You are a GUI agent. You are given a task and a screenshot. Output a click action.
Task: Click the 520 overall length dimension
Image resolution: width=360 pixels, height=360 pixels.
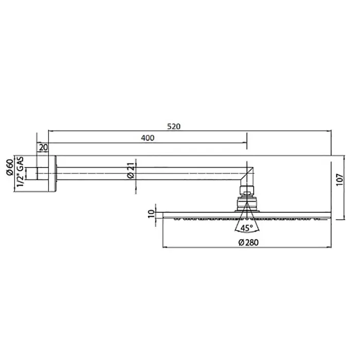tap(174, 127)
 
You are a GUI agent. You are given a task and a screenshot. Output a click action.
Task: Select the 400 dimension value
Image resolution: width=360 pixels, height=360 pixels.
tap(148, 138)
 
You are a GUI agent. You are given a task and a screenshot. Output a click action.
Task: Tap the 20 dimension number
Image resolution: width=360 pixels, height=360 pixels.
tap(43, 148)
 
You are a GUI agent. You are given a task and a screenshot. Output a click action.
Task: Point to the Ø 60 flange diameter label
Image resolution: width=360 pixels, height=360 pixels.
tap(10, 167)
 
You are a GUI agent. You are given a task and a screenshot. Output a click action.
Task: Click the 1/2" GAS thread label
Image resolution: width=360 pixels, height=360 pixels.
tap(20, 172)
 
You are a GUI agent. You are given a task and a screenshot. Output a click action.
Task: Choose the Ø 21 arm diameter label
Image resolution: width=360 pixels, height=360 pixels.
tap(131, 170)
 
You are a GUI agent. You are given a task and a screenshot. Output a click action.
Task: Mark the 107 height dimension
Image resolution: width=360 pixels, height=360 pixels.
tap(339, 180)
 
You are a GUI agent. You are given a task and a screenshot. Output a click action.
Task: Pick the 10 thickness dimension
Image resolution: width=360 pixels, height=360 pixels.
tap(151, 214)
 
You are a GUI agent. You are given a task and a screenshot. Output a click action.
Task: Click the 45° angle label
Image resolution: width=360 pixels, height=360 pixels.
tap(246, 228)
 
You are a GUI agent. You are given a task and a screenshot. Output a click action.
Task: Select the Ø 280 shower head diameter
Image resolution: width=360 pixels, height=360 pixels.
tap(248, 242)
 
